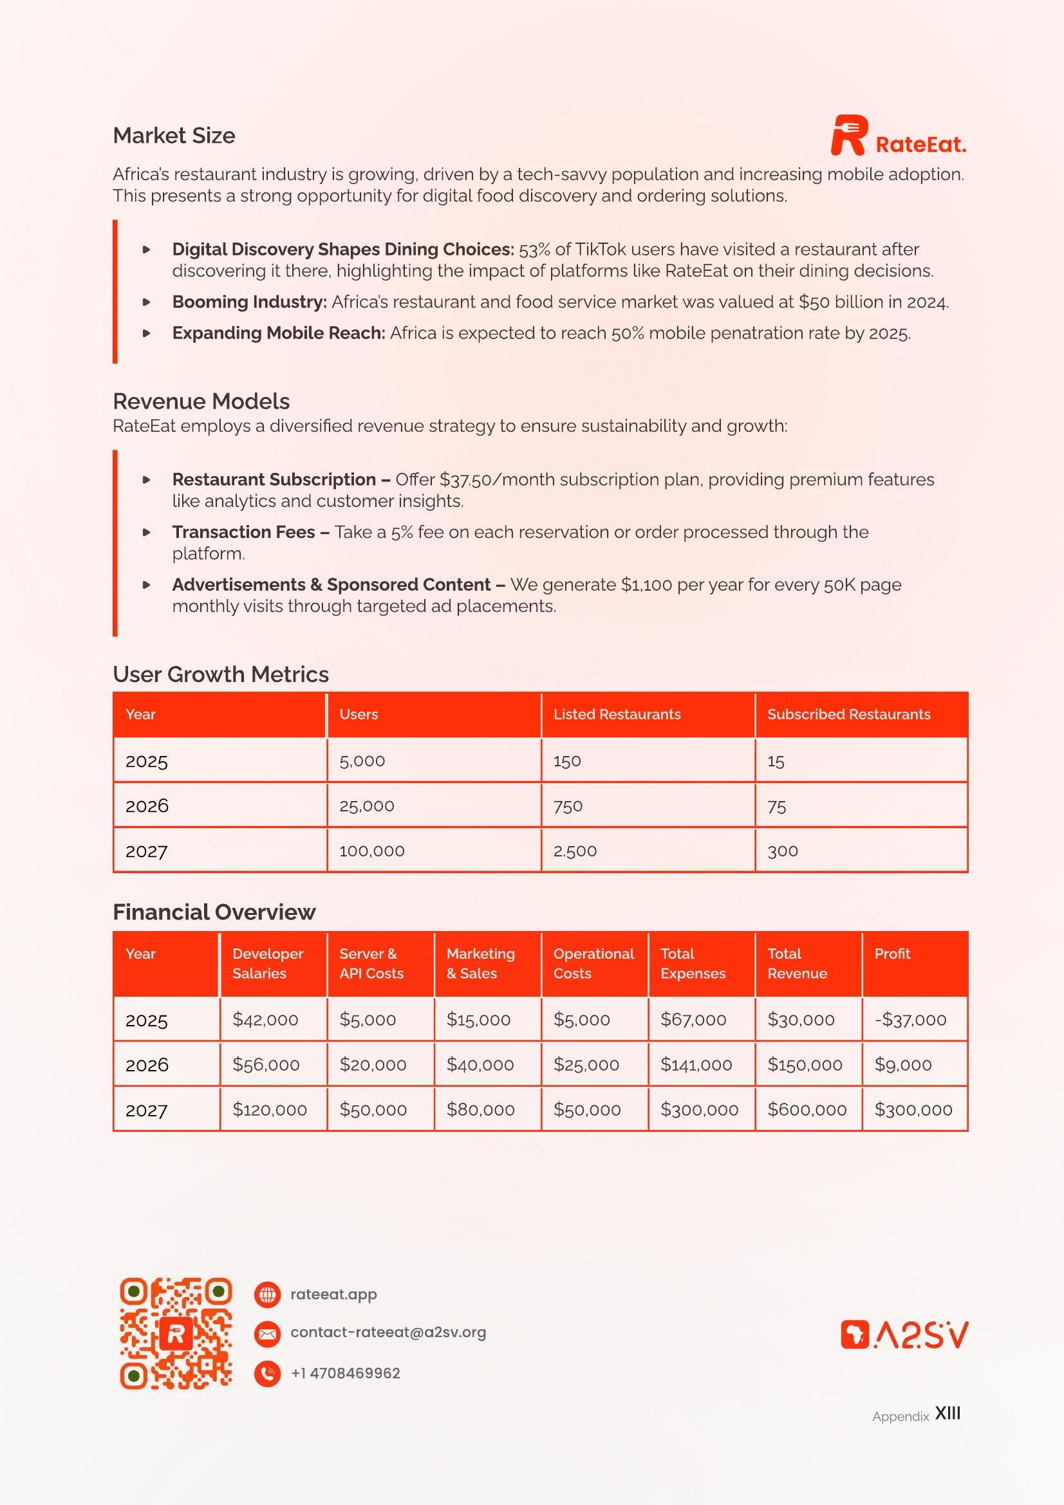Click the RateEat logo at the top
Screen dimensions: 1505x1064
click(x=898, y=136)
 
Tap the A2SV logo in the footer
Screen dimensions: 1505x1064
click(x=904, y=1335)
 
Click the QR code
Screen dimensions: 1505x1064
click(x=176, y=1333)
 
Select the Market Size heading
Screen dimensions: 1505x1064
click(x=174, y=136)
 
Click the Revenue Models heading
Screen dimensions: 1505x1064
click(x=201, y=401)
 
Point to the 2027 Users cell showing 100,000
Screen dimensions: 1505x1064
click(x=371, y=851)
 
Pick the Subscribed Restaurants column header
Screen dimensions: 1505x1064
click(x=848, y=714)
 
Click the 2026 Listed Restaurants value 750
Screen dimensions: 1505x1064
click(x=568, y=806)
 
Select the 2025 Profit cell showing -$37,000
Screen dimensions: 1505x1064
click(x=910, y=1020)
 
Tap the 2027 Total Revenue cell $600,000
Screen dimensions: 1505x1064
click(x=807, y=1110)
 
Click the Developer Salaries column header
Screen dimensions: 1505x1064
click(x=268, y=964)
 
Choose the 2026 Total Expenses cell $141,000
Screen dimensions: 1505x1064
click(x=696, y=1064)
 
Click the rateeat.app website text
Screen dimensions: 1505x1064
click(x=333, y=1295)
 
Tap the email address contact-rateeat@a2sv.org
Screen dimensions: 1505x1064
click(x=388, y=1333)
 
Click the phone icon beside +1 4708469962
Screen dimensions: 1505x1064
click(x=267, y=1373)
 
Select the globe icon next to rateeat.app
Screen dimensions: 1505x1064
click(x=267, y=1295)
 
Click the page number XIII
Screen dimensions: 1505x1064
click(x=947, y=1413)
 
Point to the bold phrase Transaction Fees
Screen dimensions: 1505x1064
click(x=243, y=532)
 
